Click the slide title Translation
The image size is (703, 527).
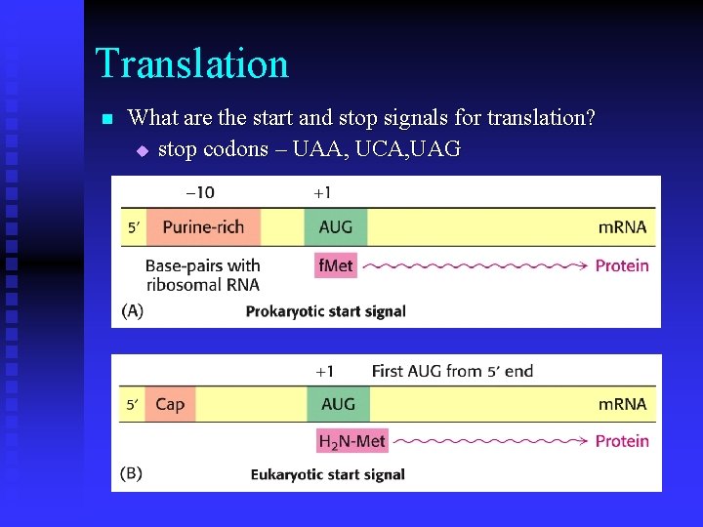coord(192,64)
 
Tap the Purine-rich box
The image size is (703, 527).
coord(202,227)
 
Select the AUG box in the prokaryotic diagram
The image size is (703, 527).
coord(336,227)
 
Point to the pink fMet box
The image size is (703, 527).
coord(335,264)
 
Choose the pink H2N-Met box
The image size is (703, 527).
coord(351,441)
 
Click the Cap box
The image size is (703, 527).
coord(169,404)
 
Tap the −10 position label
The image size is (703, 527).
coord(200,193)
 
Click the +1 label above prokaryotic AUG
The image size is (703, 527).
coord(322,193)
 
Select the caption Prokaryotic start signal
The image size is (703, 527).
coord(325,311)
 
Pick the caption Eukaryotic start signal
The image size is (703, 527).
coord(327,475)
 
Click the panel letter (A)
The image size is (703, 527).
coord(132,310)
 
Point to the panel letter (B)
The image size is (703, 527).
coord(132,474)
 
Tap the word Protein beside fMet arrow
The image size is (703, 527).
coord(622,265)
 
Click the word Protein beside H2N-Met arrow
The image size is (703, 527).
coord(622,441)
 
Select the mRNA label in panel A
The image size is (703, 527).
coord(622,227)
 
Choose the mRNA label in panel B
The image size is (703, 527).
coord(622,404)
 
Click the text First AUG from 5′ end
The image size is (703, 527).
coord(452,371)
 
